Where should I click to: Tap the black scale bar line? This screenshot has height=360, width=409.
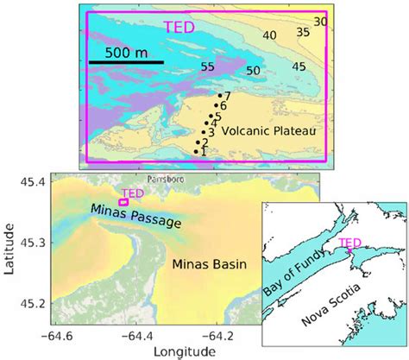(x=126, y=62)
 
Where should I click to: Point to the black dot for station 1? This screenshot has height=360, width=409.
(x=197, y=152)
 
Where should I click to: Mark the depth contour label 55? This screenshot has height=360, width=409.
(x=207, y=66)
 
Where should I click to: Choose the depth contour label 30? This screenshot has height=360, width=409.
(x=320, y=21)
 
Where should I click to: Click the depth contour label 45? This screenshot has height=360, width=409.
(x=299, y=66)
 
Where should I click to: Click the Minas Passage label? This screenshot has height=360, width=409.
(x=135, y=216)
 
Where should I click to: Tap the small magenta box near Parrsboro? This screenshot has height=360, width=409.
(x=123, y=202)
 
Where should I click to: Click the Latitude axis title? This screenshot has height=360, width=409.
(x=9, y=248)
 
